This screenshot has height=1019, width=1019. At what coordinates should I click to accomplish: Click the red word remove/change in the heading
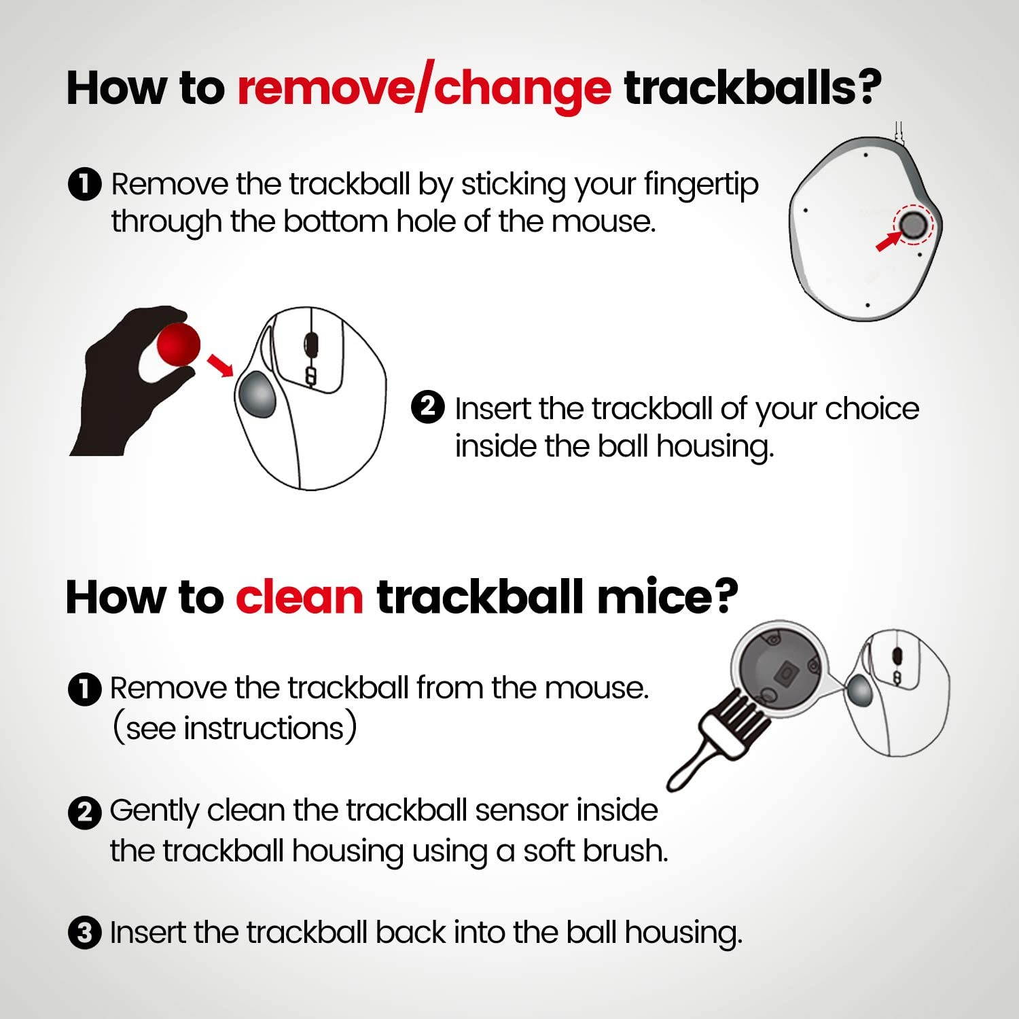point(423,89)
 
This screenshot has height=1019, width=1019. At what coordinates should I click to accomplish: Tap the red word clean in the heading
point(299,597)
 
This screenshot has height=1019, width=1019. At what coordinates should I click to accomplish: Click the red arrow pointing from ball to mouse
point(219,363)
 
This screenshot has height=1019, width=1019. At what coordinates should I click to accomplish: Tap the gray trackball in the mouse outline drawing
point(257,395)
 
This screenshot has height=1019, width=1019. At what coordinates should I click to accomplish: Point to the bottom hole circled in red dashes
point(912,224)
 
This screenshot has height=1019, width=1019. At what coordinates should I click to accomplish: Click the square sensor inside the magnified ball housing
point(785,672)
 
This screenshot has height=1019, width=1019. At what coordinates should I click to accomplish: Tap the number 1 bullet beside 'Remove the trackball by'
point(85,185)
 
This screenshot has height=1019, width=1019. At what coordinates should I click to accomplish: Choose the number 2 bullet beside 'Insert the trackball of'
point(428,408)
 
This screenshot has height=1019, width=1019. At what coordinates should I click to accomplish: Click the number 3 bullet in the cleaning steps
point(85,933)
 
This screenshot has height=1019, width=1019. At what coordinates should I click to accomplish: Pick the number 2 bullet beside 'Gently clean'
point(85,812)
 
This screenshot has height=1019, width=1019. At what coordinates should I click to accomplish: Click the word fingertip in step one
point(700,185)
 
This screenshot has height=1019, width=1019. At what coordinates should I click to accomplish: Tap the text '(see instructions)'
point(234,728)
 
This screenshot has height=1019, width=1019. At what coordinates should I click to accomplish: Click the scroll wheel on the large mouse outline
point(310,343)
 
